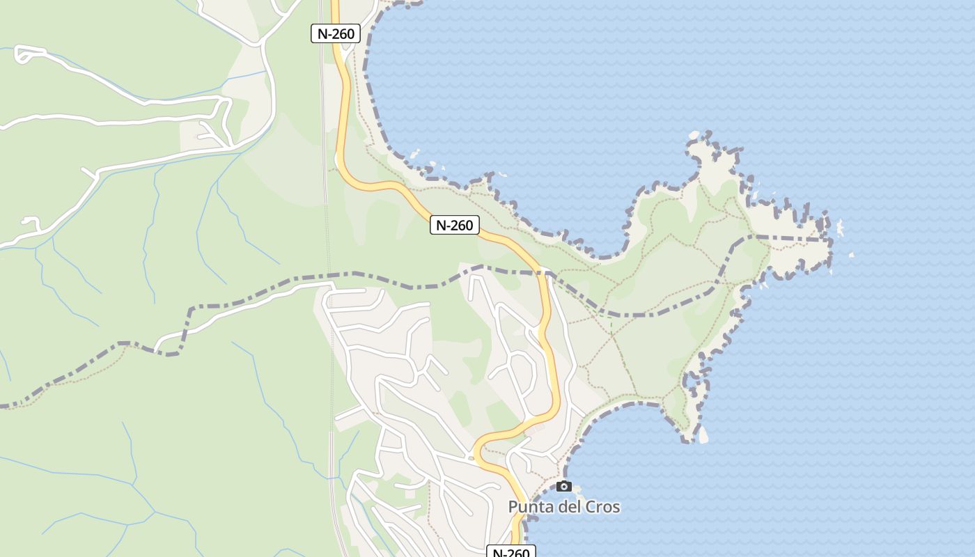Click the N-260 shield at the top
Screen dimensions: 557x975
tap(336, 33)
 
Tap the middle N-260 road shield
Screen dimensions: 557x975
tap(454, 225)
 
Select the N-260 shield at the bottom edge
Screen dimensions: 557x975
tap(510, 552)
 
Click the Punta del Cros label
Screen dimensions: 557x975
tap(563, 507)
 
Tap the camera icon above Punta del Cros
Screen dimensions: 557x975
tap(563, 486)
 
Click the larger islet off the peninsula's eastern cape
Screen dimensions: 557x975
tap(839, 228)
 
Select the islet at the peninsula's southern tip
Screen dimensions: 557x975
tap(703, 435)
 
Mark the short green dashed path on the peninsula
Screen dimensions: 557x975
tap(611, 323)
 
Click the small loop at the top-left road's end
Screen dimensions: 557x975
tap(23, 54)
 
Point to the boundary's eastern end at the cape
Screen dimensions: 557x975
tap(829, 240)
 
